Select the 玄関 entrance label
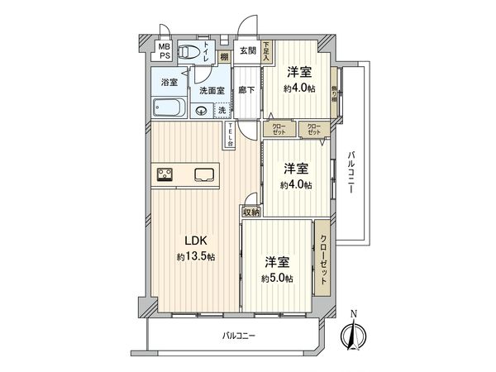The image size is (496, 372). tap(248, 51)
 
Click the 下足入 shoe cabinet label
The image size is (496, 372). tap(267, 54)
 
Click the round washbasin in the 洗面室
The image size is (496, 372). tap(200, 111)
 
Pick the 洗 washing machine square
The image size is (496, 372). tap(222, 110)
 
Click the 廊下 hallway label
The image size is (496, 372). tap(246, 89)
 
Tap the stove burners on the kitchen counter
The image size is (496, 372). tap(164, 174)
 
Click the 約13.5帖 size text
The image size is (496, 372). tap(194, 257)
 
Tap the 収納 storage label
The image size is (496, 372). tap(250, 212)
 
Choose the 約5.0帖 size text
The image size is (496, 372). tap(277, 278)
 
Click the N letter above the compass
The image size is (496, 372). tap(353, 312)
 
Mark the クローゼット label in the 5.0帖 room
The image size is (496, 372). tap(322, 258)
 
